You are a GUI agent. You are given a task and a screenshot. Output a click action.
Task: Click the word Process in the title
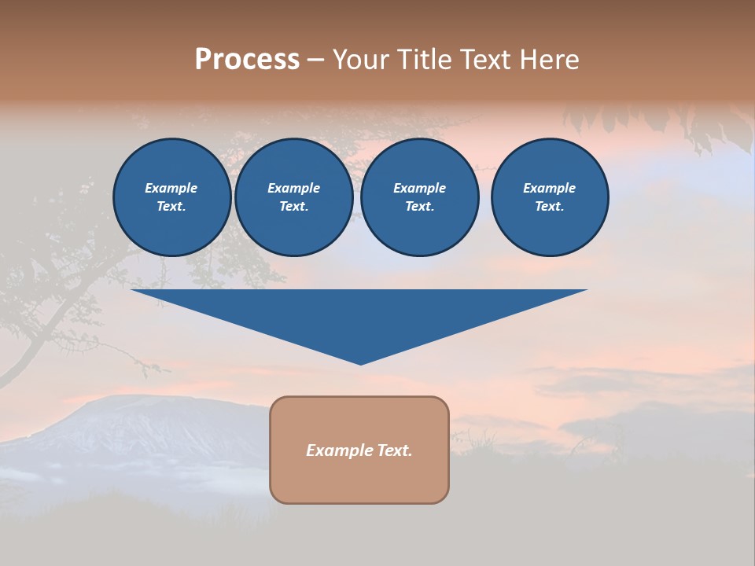247,60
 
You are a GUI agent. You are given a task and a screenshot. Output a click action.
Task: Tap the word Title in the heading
425,60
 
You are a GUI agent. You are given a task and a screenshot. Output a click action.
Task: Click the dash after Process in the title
315,61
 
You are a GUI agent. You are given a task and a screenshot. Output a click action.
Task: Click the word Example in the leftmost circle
171,188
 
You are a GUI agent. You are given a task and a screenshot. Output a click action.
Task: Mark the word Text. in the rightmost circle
549,207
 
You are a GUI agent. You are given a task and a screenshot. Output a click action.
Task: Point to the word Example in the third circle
419,188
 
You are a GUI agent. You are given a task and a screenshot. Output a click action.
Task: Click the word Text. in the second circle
293,207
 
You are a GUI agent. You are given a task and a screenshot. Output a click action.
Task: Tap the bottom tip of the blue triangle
360,362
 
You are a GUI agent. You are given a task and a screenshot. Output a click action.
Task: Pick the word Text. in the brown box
394,450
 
